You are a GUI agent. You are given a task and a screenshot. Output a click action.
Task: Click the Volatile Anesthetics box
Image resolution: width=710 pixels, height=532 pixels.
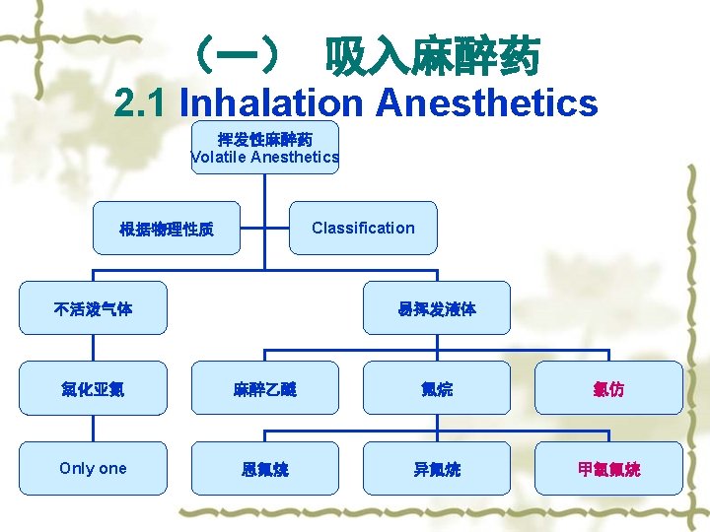coord(264,148)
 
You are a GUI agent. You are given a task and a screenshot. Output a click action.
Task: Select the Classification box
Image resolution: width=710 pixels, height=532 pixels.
coord(363,228)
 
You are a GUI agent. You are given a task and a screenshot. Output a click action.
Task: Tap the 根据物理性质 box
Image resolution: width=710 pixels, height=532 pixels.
coord(166,229)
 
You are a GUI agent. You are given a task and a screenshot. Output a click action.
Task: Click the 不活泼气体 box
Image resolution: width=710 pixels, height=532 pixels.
coord(93,308)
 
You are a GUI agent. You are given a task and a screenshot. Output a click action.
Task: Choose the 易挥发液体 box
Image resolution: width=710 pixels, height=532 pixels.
coord(436,308)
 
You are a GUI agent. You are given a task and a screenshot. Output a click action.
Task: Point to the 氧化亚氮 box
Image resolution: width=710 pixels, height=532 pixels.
coord(93,388)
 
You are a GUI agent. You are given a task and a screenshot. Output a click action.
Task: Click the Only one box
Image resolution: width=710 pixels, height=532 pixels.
coord(93,468)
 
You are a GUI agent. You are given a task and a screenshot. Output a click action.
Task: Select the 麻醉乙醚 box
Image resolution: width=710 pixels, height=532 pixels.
coord(264,388)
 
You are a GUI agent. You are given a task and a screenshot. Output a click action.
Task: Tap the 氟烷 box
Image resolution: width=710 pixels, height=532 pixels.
coord(436,388)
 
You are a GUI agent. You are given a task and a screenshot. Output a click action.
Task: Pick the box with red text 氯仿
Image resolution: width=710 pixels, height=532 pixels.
coord(608,388)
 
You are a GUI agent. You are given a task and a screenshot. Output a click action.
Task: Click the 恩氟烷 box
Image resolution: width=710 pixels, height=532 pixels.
coord(264,468)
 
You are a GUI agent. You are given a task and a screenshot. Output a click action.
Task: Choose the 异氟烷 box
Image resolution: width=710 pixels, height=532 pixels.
coord(436,468)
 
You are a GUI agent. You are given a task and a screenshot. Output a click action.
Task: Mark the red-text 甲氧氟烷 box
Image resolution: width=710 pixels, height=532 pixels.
coord(608,468)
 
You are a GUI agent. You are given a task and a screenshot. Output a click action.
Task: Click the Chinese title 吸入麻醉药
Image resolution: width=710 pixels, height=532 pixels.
coord(433,57)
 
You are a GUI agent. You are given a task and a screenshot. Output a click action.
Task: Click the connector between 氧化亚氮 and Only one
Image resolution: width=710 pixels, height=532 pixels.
coord(93,429)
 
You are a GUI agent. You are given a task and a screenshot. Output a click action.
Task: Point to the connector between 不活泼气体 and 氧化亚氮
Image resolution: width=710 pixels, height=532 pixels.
coord(93,348)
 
